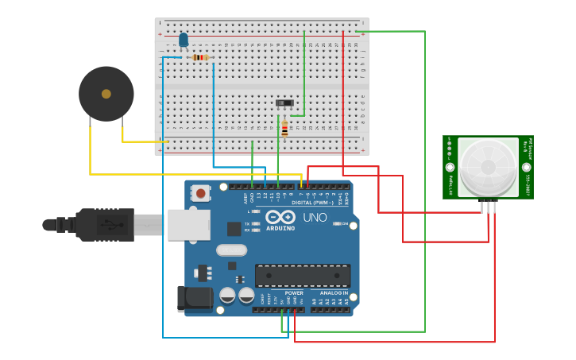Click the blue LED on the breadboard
click(184, 40)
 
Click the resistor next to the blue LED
click(200, 57)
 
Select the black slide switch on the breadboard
click(284, 103)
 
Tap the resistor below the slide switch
click(284, 127)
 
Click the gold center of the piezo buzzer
click(106, 94)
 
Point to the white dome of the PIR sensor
click(487, 168)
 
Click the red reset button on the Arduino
click(201, 192)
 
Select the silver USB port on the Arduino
click(189, 225)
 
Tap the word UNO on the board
click(315, 218)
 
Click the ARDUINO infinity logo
click(280, 219)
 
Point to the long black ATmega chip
click(302, 275)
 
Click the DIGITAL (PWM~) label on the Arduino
click(313, 203)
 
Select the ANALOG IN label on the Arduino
click(334, 292)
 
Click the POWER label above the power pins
click(294, 292)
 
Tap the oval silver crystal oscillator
click(231, 250)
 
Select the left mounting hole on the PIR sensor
click(450, 168)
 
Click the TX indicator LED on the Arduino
click(255, 224)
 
